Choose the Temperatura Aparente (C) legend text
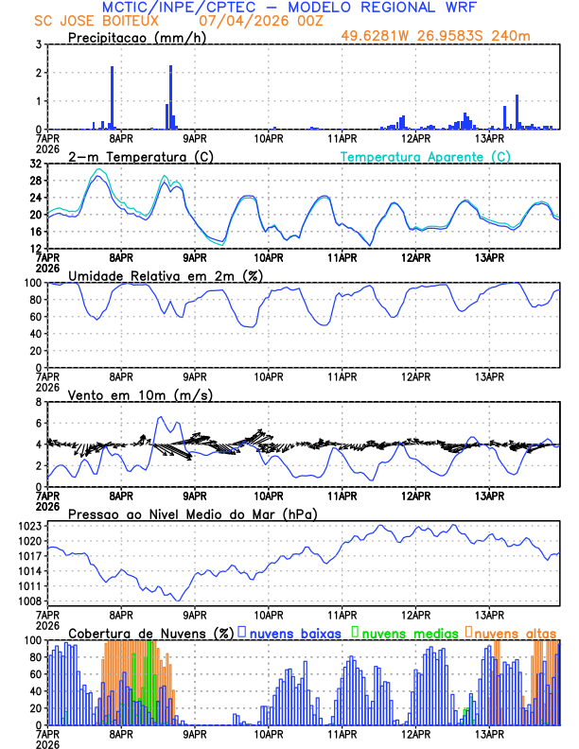426,156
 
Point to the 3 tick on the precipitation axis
39,44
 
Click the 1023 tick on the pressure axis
31,526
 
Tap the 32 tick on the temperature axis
36,164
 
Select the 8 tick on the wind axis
39,402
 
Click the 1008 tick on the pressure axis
31,601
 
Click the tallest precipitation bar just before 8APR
112,97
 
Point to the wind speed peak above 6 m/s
161,417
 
